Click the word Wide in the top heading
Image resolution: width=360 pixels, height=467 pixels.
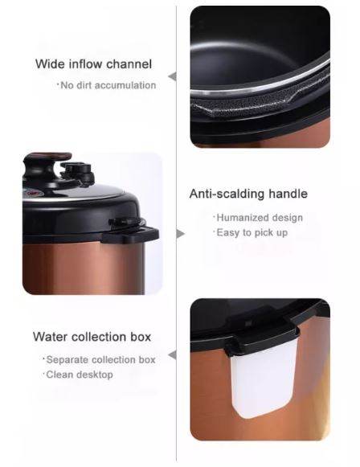[x=49, y=64]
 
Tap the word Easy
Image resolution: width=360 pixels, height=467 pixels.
[x=228, y=232]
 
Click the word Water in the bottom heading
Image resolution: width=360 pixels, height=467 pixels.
[x=50, y=336]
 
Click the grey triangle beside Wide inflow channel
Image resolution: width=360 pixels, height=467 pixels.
[x=171, y=76]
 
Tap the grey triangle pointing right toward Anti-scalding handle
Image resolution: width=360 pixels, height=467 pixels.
[x=181, y=234]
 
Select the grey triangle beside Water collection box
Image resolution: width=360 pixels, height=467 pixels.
[x=171, y=354]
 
